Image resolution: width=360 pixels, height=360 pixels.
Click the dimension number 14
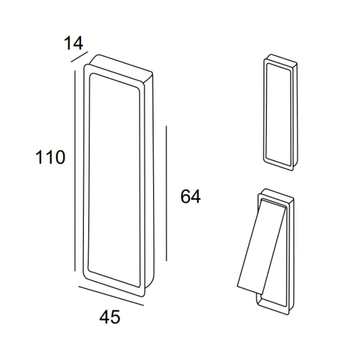coord(73,43)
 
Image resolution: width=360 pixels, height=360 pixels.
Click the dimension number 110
coord(50,157)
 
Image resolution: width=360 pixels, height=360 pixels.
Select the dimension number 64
coord(190,197)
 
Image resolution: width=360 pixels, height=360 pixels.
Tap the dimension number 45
coord(110,317)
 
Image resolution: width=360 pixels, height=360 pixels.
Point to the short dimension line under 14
coord(79,57)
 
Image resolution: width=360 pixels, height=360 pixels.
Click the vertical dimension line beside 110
coord(75,171)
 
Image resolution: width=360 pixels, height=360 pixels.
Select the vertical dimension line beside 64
coord(166,193)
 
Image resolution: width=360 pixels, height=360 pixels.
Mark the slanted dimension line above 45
coord(111,296)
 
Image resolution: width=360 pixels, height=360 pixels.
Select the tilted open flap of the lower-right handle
coord(262,247)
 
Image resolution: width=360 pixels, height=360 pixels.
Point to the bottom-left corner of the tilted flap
coord(238,287)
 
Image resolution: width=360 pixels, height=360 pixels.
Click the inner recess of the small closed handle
coord(279,115)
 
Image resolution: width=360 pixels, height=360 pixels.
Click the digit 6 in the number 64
coord(185,197)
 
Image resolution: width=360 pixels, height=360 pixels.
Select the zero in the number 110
coord(59,157)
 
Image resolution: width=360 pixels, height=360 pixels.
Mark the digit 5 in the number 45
coord(115,317)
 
